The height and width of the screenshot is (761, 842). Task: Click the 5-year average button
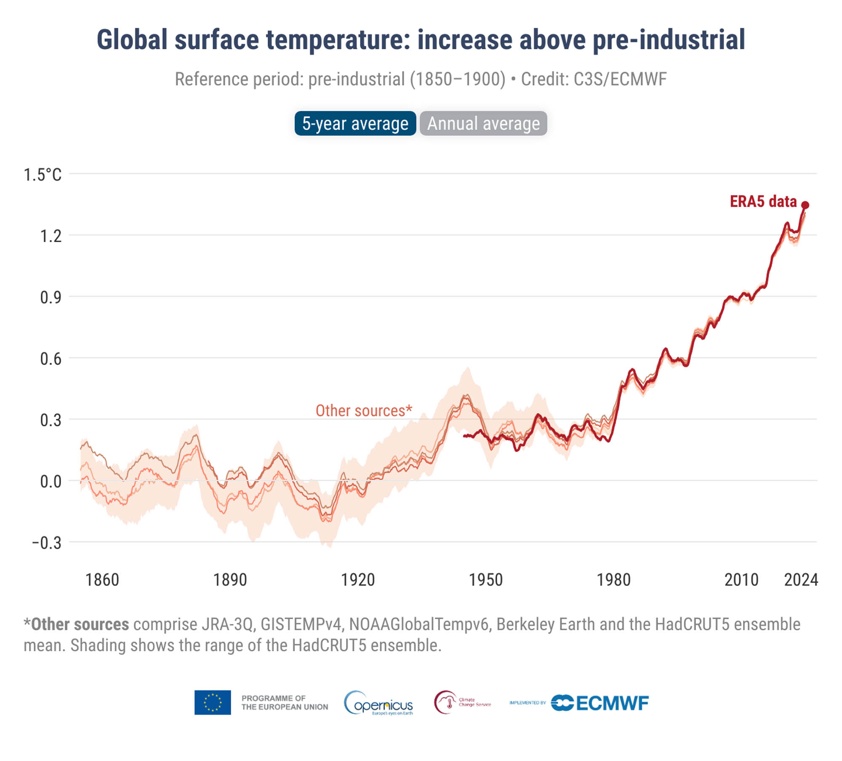355,123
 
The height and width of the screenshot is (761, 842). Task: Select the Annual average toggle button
483,123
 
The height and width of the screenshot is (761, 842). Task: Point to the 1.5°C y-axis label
43,175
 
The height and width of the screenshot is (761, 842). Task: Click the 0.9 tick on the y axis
51,297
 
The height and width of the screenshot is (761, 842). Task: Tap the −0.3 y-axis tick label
47,543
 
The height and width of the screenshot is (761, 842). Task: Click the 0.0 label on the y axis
51,482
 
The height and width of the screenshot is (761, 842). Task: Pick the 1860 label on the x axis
102,580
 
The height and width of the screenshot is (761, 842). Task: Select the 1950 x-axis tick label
486,580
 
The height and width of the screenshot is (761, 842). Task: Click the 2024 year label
801,580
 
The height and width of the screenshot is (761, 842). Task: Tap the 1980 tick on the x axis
613,580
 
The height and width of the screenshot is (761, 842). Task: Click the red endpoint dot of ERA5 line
805,205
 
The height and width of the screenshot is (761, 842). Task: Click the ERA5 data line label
763,202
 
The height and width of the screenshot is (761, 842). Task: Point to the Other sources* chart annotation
364,410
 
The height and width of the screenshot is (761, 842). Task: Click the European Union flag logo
213,702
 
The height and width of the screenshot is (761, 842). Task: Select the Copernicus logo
379,703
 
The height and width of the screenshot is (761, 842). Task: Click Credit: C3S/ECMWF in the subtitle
594,79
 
